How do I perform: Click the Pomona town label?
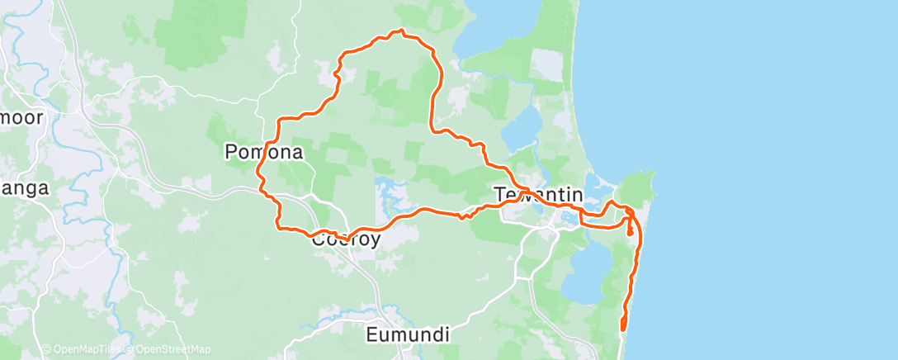263,153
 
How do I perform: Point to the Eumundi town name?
408,335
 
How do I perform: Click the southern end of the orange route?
622,329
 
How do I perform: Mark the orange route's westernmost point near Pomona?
258,176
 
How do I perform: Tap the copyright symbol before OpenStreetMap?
131,349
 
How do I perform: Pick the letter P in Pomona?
232,153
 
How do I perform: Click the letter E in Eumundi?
372,335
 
